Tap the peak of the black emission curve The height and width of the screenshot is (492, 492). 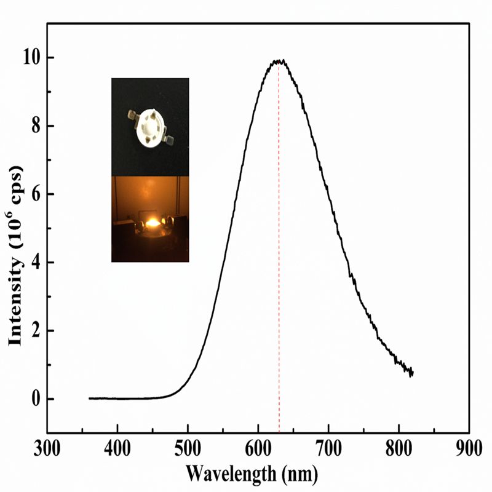[x=279, y=60]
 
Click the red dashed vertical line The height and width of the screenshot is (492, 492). [x=279, y=246]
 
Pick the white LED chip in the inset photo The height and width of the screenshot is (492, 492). [x=149, y=125]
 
